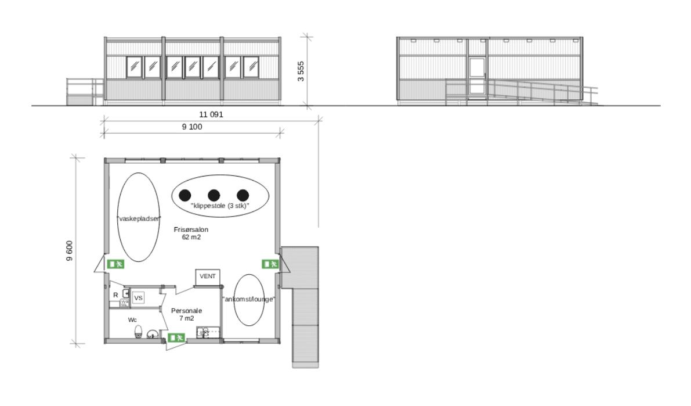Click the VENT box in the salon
point(207,276)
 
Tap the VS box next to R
point(138,298)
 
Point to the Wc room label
point(132,320)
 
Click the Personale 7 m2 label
point(186,314)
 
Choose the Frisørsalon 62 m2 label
point(191,233)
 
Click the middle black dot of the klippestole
point(214,195)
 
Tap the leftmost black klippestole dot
point(184,195)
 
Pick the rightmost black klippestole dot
point(243,195)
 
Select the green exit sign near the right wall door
point(270,264)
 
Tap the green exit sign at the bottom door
point(177,337)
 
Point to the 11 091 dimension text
point(210,114)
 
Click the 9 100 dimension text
point(192,127)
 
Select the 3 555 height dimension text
point(301,71)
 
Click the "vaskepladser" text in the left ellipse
point(139,218)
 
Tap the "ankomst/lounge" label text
point(248,299)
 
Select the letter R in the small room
point(115,295)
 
